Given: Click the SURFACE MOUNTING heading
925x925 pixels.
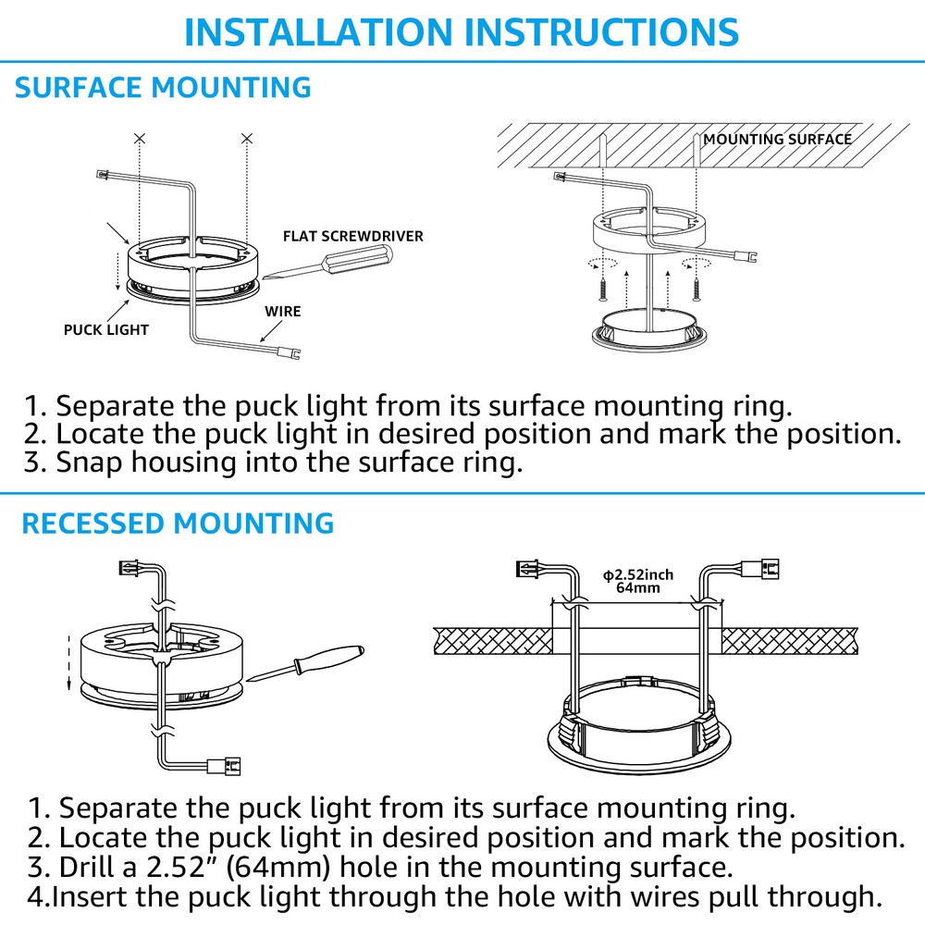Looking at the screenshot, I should click(x=163, y=88).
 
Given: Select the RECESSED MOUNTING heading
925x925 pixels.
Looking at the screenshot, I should click(x=177, y=523).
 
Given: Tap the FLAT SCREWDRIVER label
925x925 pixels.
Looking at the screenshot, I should click(x=353, y=236).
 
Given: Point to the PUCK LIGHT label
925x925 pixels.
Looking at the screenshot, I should click(x=106, y=329).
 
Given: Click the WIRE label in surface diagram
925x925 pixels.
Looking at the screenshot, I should click(x=283, y=311).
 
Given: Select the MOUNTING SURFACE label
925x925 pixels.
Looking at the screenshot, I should click(x=777, y=140).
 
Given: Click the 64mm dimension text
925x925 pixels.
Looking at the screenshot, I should click(x=638, y=588).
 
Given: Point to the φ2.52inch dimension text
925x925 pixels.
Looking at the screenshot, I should click(x=638, y=574).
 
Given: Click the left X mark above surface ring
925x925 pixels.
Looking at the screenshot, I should click(x=139, y=138).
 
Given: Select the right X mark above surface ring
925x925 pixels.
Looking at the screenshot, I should click(x=246, y=138).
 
